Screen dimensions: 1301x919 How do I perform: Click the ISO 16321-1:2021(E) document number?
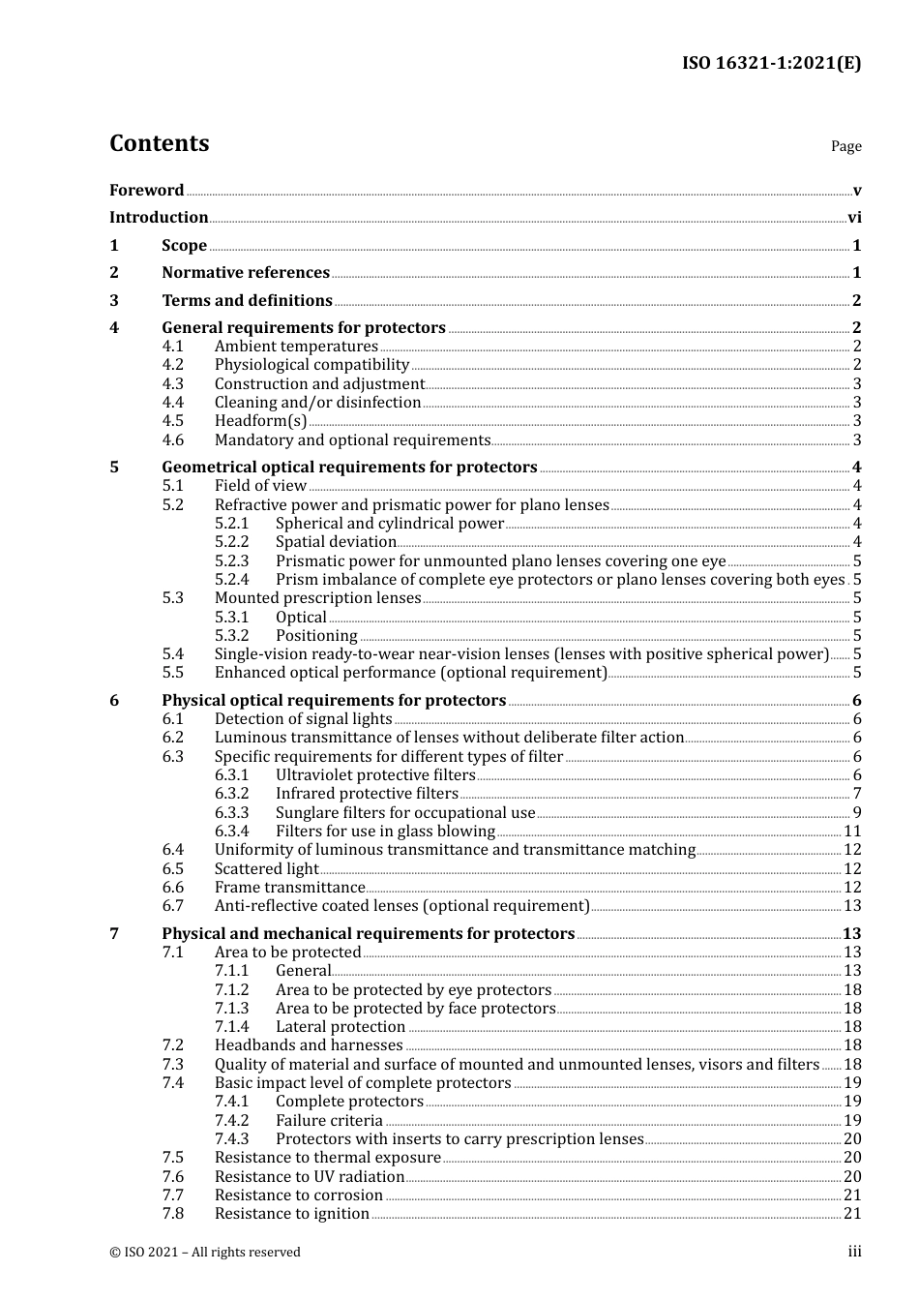(x=771, y=64)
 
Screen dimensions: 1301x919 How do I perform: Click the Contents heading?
(x=160, y=143)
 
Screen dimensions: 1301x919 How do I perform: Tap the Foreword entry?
(x=146, y=191)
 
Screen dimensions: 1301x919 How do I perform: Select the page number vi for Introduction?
(x=854, y=218)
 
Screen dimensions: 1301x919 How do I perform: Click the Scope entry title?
(x=184, y=246)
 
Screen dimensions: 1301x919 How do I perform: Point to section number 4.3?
(x=173, y=384)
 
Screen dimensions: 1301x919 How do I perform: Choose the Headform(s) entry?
(x=260, y=421)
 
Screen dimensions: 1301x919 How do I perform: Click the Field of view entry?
(x=260, y=486)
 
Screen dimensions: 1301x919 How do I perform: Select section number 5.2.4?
(x=231, y=580)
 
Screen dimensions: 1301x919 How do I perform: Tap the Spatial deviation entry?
(x=336, y=542)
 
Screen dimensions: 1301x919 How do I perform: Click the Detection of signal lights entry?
(x=303, y=719)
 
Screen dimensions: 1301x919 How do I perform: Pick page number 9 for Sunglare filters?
(x=857, y=813)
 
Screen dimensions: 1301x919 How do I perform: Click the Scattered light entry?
(x=266, y=869)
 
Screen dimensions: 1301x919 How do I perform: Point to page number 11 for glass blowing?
(x=852, y=832)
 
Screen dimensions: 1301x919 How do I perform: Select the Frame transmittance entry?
(x=289, y=888)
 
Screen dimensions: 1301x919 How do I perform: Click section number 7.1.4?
(x=231, y=1027)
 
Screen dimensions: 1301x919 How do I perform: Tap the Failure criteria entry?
(x=329, y=1121)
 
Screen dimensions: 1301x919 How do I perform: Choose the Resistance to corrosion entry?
(x=298, y=1195)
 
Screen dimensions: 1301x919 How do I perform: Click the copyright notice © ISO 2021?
(x=205, y=1253)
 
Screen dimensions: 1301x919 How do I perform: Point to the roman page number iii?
(x=854, y=1252)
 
